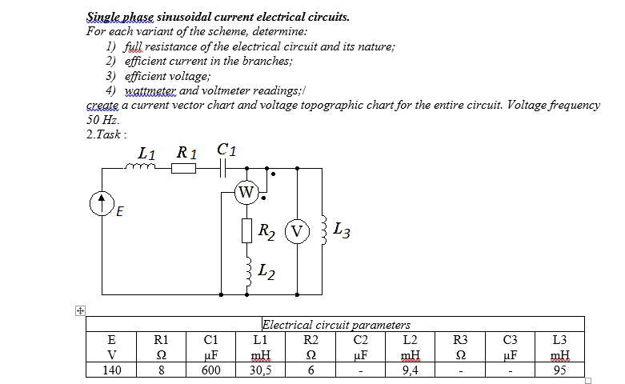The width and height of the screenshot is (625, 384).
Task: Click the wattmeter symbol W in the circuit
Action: point(246,192)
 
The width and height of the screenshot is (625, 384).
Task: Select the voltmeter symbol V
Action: point(297,232)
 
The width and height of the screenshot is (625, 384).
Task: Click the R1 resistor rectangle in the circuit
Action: point(185,167)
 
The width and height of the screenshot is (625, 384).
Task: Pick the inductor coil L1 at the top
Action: point(143,166)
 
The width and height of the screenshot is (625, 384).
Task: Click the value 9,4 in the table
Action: point(410,370)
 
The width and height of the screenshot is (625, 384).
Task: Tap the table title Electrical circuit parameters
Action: point(335,325)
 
